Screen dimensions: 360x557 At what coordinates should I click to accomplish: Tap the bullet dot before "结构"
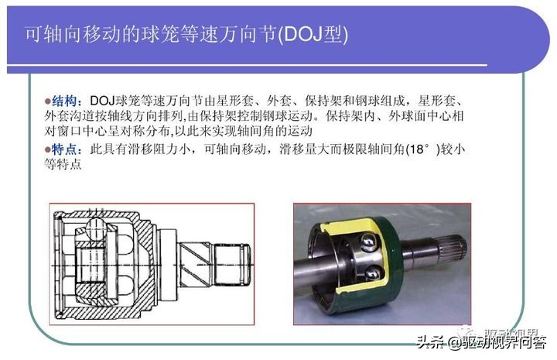47,101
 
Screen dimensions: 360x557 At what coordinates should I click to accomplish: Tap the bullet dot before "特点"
47,149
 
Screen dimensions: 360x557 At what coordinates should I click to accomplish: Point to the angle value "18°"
424,149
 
